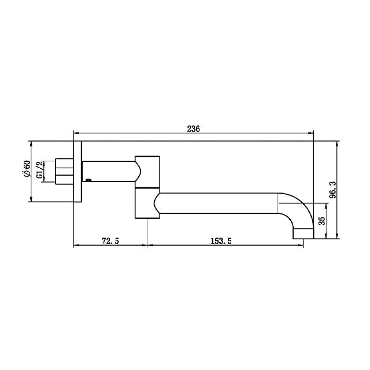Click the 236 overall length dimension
[193, 129]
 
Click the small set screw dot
[88, 180]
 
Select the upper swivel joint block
[148, 171]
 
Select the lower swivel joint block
[147, 203]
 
